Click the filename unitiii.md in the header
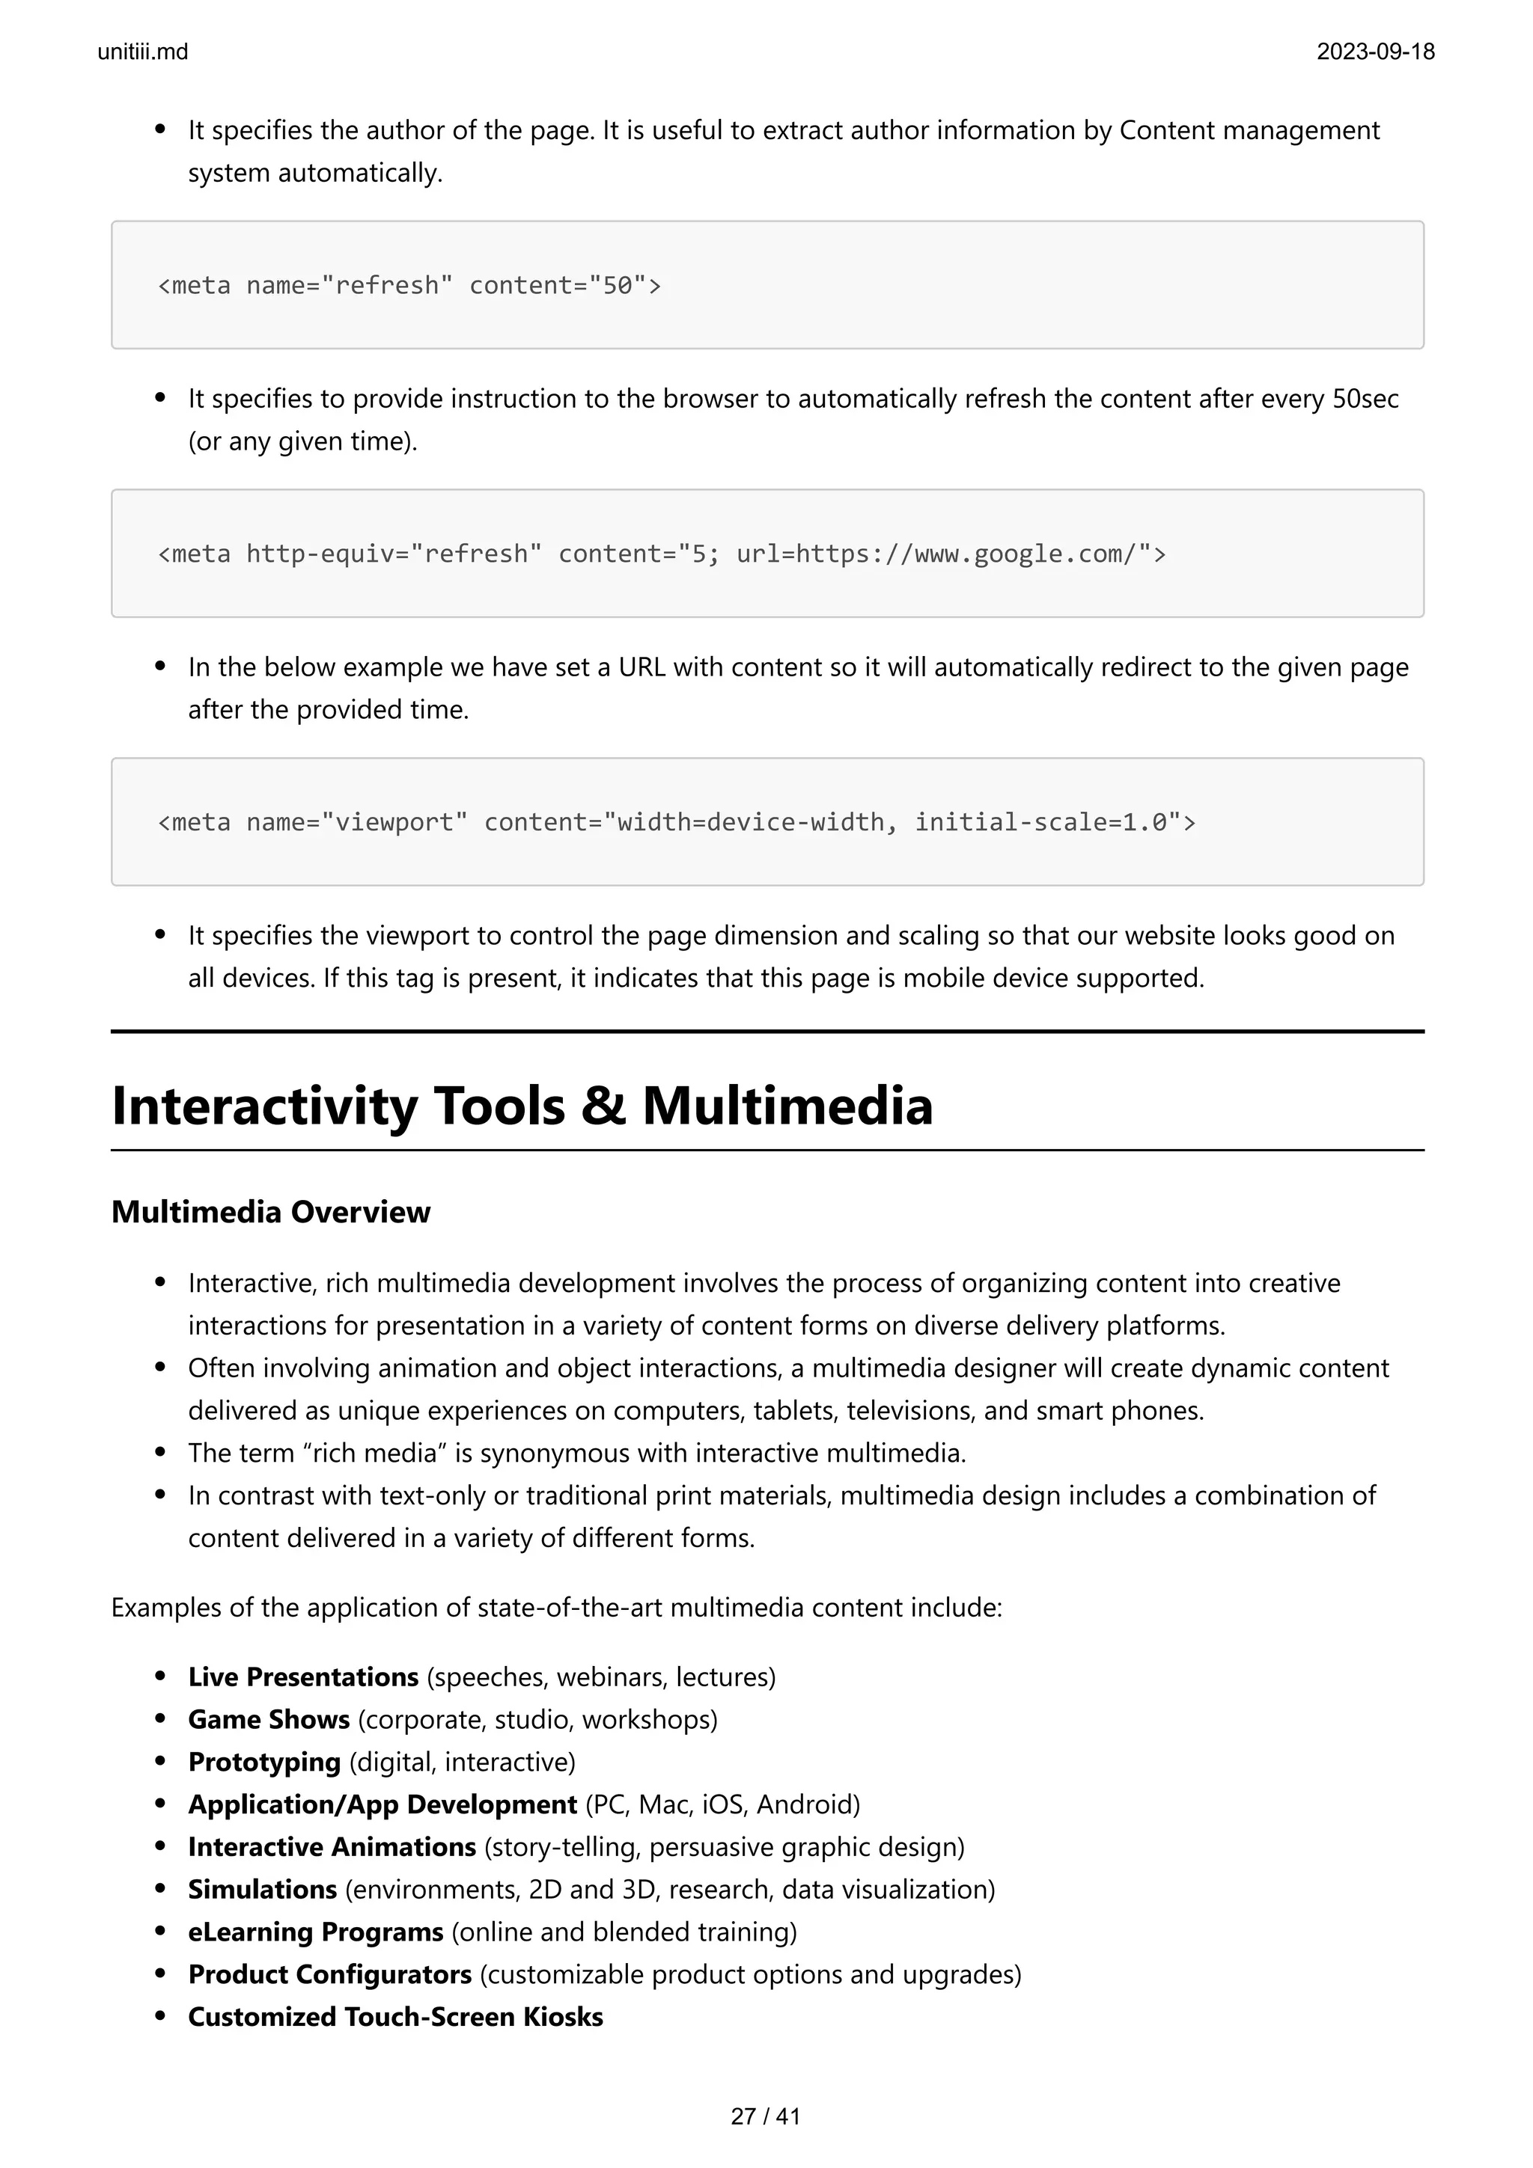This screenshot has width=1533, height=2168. click(x=143, y=52)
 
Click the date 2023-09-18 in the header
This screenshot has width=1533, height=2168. click(x=1375, y=52)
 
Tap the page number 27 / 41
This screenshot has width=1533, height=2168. click(x=765, y=2116)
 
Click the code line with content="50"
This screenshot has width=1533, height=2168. click(x=409, y=285)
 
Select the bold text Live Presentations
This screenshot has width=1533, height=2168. click(x=302, y=1677)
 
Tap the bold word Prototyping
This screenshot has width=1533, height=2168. click(x=263, y=1762)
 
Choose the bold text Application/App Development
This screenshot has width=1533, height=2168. click(x=382, y=1804)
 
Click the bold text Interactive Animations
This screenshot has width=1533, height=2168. click(x=332, y=1847)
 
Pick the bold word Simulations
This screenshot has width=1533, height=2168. click(x=262, y=1890)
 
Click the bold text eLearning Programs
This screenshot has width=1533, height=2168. click(x=315, y=1932)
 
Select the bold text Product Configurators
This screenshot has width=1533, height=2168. click(x=329, y=1974)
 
